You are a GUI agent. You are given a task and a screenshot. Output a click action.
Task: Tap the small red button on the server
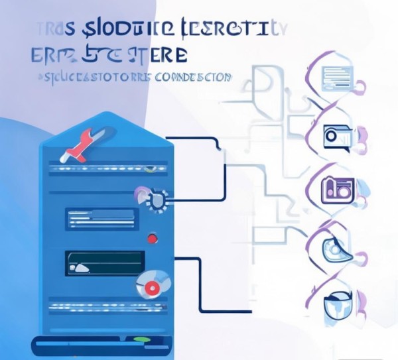tap(153, 238)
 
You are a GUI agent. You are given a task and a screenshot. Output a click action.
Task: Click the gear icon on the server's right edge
tap(158, 199)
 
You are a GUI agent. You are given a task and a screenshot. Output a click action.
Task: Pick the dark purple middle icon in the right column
tap(336, 189)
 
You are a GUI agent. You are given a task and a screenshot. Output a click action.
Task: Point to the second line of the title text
tap(109, 54)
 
